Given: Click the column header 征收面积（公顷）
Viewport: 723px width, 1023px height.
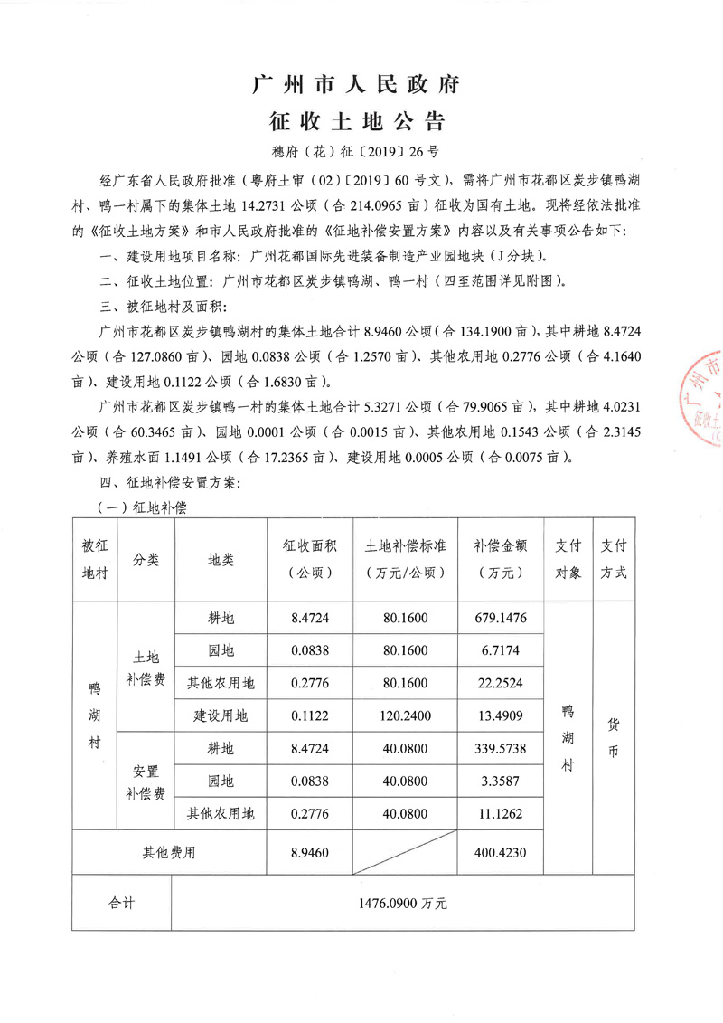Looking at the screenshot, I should click(x=310, y=559).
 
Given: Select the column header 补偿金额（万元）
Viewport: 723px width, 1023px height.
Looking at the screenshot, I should click(x=500, y=559).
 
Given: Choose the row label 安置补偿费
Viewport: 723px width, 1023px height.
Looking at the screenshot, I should click(x=146, y=781).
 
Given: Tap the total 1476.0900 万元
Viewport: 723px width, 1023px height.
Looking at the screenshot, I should click(x=402, y=903).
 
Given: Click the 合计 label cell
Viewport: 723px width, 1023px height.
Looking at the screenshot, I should click(x=120, y=903).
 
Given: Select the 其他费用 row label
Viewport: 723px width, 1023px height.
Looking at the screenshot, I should click(x=167, y=852).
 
